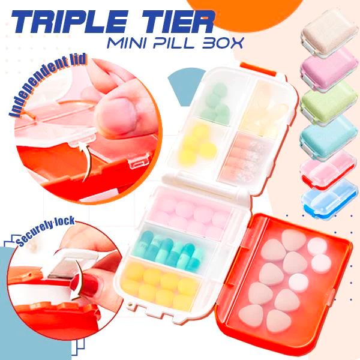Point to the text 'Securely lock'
pyautogui.click(x=46, y=231)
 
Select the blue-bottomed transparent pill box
pyautogui.click(x=329, y=199)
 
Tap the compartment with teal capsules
pyautogui.click(x=172, y=251)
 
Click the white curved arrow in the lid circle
pyautogui.click(x=86, y=161)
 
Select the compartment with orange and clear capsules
pyautogui.click(x=246, y=158)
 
